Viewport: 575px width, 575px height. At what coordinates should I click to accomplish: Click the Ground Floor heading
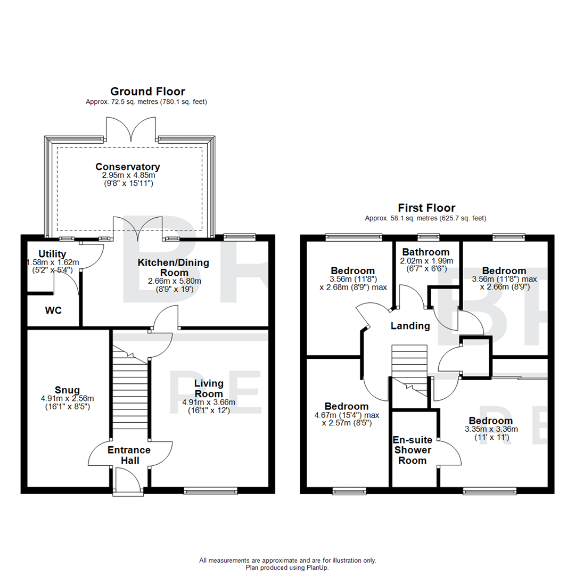pyautogui.click(x=147, y=92)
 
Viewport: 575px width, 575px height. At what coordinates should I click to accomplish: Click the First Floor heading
pyautogui.click(x=426, y=208)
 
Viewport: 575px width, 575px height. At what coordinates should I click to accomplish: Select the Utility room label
pyautogui.click(x=52, y=253)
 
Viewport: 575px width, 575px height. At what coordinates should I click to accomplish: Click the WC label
pyautogui.click(x=53, y=310)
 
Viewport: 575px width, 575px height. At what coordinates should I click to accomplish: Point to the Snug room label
pyautogui.click(x=67, y=390)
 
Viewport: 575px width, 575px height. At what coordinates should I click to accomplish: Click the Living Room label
pyautogui.click(x=209, y=389)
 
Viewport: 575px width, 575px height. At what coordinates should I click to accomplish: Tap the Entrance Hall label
pyautogui.click(x=129, y=455)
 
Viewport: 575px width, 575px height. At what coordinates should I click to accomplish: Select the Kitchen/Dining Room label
pyautogui.click(x=174, y=267)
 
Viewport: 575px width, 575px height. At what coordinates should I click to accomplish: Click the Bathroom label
pyautogui.click(x=426, y=252)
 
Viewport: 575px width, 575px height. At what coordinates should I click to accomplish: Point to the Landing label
pyautogui.click(x=410, y=326)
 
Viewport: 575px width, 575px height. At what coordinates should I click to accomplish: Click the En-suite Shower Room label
pyautogui.click(x=413, y=450)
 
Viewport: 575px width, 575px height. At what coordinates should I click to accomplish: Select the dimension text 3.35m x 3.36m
pyautogui.click(x=491, y=429)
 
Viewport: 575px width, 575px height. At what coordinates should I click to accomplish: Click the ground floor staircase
pyautogui.click(x=129, y=394)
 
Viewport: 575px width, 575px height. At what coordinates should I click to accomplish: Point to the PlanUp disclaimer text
pyautogui.click(x=287, y=564)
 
